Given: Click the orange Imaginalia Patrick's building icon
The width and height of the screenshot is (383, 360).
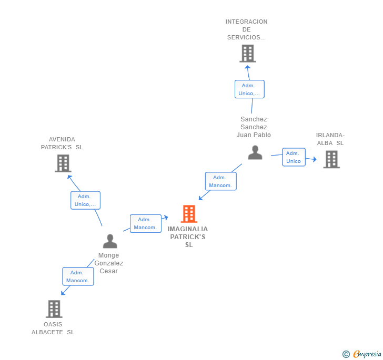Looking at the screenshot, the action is [189, 214].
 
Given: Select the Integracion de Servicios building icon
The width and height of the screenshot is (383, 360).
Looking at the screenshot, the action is [247, 54].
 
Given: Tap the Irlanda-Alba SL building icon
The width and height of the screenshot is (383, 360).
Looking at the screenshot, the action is [331, 159].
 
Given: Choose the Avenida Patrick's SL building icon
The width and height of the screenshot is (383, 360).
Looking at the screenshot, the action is [63, 163].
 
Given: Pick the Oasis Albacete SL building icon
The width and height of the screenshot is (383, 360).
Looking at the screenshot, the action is [54, 309].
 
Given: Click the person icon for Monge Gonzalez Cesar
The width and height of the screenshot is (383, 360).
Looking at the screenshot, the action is [110, 241].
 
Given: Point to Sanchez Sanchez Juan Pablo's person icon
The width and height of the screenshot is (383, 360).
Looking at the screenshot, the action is [255, 153].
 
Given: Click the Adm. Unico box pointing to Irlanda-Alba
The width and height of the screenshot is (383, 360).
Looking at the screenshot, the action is [294, 157].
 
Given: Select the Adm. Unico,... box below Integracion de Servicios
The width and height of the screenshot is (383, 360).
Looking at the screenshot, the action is [249, 89].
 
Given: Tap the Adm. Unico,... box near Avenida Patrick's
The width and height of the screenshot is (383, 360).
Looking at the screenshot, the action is [85, 200].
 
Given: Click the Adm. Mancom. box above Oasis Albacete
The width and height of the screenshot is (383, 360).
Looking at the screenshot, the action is [78, 276].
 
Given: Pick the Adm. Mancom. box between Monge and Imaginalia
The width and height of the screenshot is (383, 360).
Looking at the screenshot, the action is [145, 223].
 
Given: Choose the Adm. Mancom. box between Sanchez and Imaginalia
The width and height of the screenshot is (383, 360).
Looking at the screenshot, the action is [220, 181].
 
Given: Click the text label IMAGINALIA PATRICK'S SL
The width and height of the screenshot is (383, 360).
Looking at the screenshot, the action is [188, 237].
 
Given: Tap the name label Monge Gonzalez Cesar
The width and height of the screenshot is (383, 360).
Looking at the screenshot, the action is [109, 263].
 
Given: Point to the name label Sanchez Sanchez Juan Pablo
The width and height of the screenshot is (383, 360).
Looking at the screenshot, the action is [254, 127].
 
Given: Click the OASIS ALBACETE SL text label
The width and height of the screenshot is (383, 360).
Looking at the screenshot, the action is [53, 328].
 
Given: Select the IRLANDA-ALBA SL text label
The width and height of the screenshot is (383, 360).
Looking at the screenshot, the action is [330, 139].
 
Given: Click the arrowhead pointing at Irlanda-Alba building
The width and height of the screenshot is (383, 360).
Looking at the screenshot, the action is [315, 160].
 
